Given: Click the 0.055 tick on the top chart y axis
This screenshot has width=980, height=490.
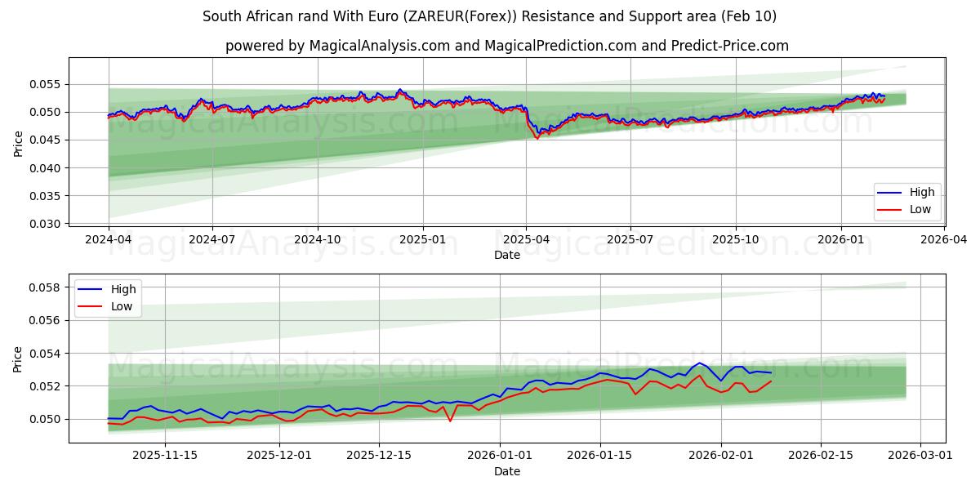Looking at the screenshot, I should pyautogui.click(x=47, y=84).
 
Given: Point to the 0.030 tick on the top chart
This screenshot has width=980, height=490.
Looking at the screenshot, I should pyautogui.click(x=47, y=224).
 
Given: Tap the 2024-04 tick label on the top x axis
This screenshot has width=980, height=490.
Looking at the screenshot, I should pyautogui.click(x=109, y=240).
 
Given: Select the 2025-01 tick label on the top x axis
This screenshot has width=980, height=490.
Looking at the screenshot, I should pyautogui.click(x=422, y=240).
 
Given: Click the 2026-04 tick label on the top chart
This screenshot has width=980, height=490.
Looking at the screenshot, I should pyautogui.click(x=945, y=240).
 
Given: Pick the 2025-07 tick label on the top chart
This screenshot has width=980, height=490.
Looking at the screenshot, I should pyautogui.click(x=630, y=240).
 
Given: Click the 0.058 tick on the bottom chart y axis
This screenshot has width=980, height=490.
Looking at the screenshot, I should pyautogui.click(x=47, y=287).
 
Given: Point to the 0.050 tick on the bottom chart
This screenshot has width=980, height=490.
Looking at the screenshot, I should pyautogui.click(x=47, y=419).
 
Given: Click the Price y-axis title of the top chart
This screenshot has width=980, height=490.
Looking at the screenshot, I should pyautogui.click(x=19, y=142).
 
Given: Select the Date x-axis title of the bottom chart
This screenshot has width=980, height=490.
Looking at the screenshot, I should pyautogui.click(x=506, y=471).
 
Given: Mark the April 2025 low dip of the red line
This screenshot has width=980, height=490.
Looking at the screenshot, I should pyautogui.click(x=537, y=138).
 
